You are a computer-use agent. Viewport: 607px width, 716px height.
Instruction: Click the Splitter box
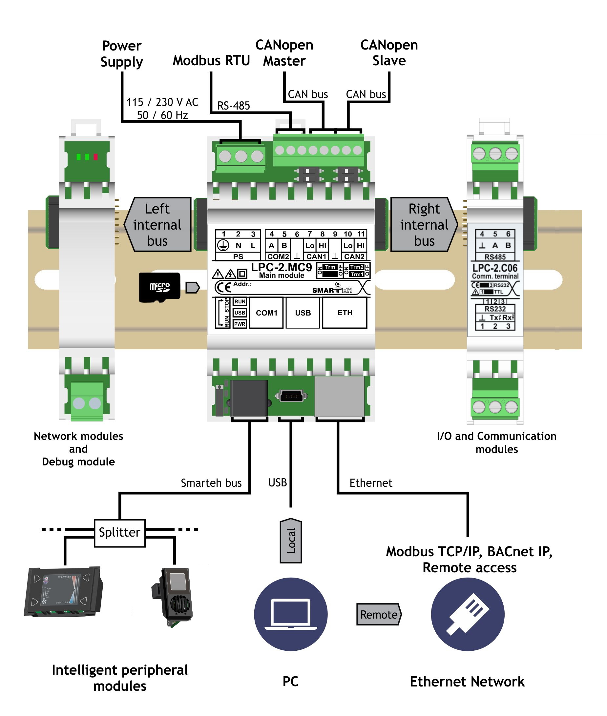tap(119, 532)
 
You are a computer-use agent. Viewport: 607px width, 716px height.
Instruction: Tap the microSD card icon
tap(160, 287)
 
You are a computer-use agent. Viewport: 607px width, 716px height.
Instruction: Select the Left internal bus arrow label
tap(157, 225)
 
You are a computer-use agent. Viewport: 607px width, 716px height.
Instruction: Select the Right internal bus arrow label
tap(424, 225)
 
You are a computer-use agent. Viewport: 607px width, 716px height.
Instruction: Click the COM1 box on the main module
tap(266, 313)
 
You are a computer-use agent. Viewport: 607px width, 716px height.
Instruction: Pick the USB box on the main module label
tap(303, 313)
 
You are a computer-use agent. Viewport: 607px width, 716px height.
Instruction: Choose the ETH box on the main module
tap(345, 313)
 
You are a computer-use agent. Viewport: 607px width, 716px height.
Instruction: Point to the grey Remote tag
tap(379, 614)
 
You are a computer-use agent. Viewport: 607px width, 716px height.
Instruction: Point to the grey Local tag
tap(291, 541)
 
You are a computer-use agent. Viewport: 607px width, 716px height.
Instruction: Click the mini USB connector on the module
tap(291, 396)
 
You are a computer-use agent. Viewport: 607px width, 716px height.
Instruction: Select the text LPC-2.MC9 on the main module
tap(281, 267)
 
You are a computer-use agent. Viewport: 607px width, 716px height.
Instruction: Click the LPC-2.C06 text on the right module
tap(495, 268)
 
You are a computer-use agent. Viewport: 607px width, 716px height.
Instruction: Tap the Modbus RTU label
tap(211, 61)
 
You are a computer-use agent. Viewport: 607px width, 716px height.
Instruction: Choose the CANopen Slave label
tap(389, 52)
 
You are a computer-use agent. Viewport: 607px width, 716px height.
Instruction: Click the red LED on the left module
tap(96, 157)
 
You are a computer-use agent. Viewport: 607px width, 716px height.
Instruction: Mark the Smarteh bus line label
tap(211, 483)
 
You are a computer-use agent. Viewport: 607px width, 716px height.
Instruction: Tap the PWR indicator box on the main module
tap(240, 324)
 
